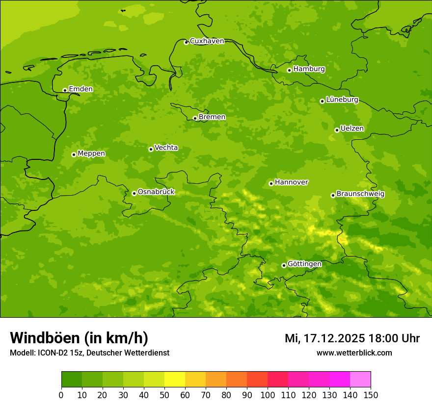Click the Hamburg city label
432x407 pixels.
(309, 69)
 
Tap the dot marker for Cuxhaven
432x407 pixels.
(186, 42)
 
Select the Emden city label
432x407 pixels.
(81, 89)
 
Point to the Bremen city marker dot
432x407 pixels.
(195, 118)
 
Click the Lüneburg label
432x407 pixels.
(342, 100)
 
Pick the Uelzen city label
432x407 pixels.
(352, 128)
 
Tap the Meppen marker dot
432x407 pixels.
(74, 154)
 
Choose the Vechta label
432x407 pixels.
(166, 148)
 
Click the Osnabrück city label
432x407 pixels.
(156, 192)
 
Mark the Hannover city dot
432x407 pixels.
(271, 183)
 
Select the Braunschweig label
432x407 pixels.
(360, 194)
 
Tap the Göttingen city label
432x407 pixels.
(304, 264)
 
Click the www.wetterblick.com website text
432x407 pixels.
(354, 353)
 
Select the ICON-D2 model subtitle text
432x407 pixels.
(89, 353)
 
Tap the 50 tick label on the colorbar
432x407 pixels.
(164, 395)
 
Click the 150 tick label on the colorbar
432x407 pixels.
(371, 395)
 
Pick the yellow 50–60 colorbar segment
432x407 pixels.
(175, 380)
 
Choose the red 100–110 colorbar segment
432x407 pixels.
(278, 380)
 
